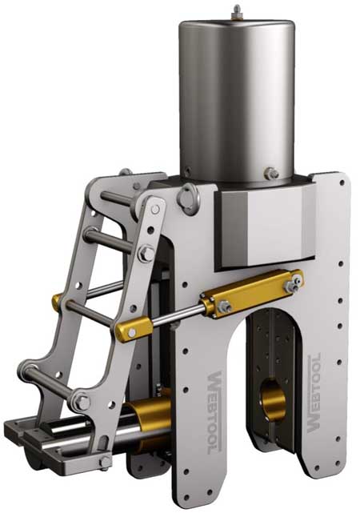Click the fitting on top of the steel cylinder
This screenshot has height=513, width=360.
[x=237, y=10]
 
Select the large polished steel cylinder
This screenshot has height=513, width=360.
[x=236, y=96]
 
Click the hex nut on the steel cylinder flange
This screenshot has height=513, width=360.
[x=272, y=172]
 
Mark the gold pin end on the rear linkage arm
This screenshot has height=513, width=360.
[x=56, y=303]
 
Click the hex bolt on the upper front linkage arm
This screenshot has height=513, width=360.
[x=146, y=254]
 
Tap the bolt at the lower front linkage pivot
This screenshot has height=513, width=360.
[x=80, y=403]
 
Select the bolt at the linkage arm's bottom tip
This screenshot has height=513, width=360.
[x=105, y=462]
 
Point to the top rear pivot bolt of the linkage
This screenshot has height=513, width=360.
[x=125, y=172]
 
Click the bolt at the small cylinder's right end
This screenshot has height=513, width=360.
[x=297, y=279]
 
